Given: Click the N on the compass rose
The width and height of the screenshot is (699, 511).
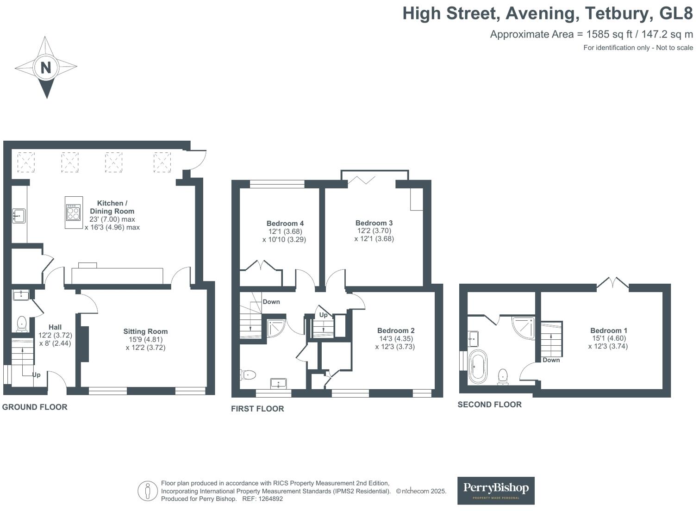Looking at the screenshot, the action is pyautogui.click(x=46, y=68).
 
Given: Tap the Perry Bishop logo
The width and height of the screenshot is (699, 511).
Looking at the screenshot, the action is pyautogui.click(x=496, y=491).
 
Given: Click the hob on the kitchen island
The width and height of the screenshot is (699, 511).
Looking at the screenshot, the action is pyautogui.click(x=73, y=212).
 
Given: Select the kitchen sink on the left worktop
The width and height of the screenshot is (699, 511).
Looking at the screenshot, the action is pyautogui.click(x=19, y=216).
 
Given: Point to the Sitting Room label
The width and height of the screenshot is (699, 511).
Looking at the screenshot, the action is pyautogui.click(x=145, y=331).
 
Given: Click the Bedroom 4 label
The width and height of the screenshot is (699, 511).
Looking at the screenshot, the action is pyautogui.click(x=285, y=224).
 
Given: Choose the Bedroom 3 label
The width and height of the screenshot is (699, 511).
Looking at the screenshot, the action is pyautogui.click(x=374, y=223).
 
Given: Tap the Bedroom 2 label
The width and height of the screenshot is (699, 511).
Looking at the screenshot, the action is pyautogui.click(x=396, y=330).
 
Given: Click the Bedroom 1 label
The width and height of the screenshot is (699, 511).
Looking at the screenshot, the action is pyautogui.click(x=609, y=330).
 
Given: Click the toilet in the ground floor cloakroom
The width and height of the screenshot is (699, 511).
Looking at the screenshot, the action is pyautogui.click(x=21, y=324).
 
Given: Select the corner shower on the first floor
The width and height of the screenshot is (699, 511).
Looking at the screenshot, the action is pyautogui.click(x=276, y=328).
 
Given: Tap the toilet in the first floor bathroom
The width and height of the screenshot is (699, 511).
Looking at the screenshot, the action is pyautogui.click(x=248, y=374).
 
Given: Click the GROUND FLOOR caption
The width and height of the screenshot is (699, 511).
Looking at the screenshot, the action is pyautogui.click(x=35, y=407).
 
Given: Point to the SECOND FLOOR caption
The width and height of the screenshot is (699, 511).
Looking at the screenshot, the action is pyautogui.click(x=490, y=405).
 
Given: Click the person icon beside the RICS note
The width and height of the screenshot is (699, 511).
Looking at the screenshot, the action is pyautogui.click(x=148, y=491).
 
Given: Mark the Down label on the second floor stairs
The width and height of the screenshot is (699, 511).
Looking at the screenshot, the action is pyautogui.click(x=551, y=360).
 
